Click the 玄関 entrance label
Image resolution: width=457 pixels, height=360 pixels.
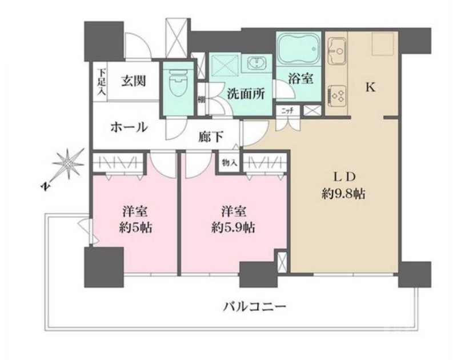coord(132,80)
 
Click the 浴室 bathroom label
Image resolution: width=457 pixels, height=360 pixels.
coord(300,79)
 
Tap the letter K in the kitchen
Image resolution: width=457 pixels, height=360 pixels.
coord(370,87)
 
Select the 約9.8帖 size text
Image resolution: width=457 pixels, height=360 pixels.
coord(343,193)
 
